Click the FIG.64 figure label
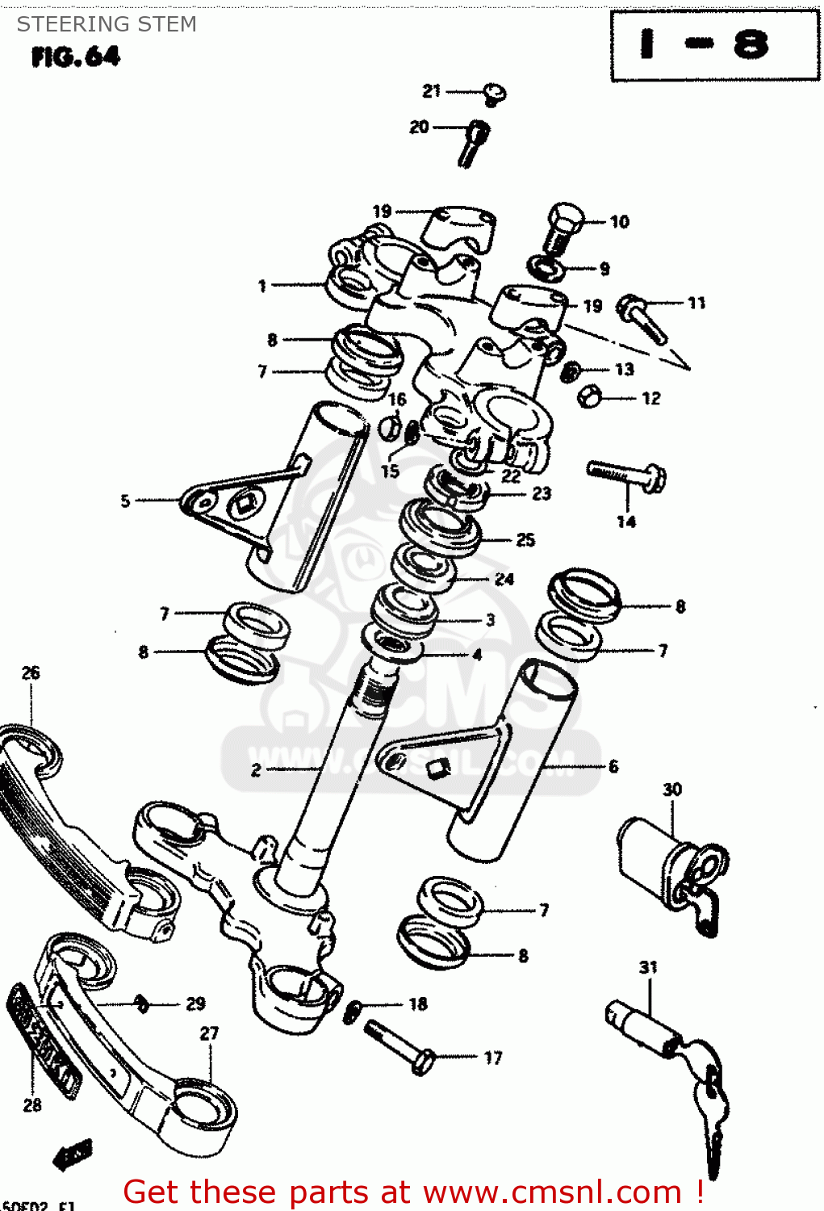coord(76,57)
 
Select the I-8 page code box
coord(714,45)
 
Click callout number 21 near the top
coord(432,91)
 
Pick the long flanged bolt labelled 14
coord(627,476)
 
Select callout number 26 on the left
coord(31,673)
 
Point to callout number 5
coord(125,501)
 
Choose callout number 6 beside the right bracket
coord(613,766)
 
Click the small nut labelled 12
coord(590,396)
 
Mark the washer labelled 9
coord(546,266)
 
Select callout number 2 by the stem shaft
coord(256,769)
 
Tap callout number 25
coord(525,539)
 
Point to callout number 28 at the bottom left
coord(32,1104)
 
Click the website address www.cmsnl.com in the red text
coord(552,1192)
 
